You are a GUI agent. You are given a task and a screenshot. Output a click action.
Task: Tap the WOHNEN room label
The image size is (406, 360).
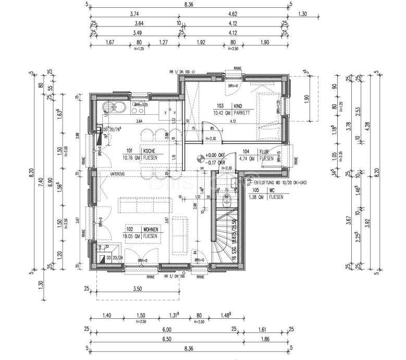(x=151, y=229)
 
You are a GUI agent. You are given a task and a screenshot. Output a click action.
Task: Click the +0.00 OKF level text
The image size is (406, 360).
(x=215, y=155)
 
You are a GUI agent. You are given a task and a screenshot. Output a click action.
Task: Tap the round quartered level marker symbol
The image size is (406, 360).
(x=200, y=158)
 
